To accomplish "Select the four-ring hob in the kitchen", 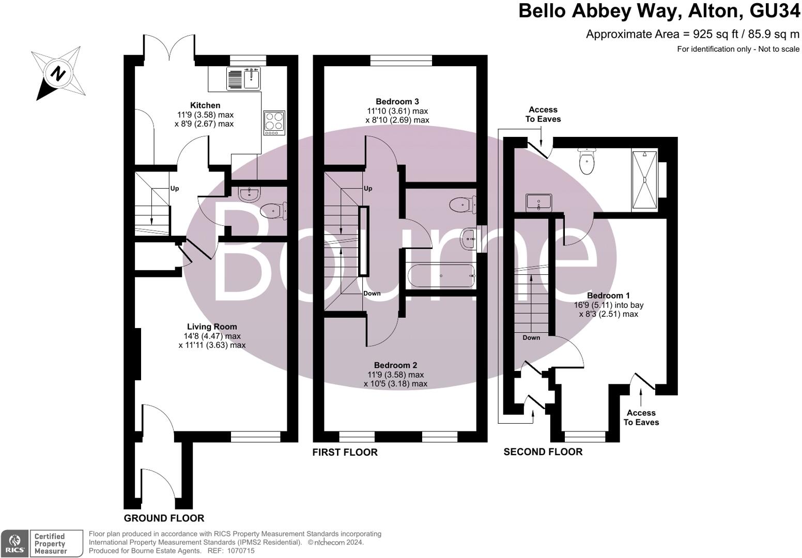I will pyautogui.click(x=274, y=122).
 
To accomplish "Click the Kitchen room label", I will pyautogui.click(x=205, y=105).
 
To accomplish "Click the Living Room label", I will pyautogui.click(x=212, y=327).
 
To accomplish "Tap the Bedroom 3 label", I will pyautogui.click(x=397, y=102).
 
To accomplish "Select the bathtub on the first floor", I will pyautogui.click(x=441, y=276).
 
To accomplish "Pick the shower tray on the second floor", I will pyautogui.click(x=644, y=179).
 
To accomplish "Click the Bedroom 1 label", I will pyautogui.click(x=608, y=296).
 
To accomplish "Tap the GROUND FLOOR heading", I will pyautogui.click(x=164, y=518).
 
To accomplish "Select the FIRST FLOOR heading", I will pyautogui.click(x=345, y=453).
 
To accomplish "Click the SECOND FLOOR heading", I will pyautogui.click(x=543, y=452).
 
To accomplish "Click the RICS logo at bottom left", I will pyautogui.click(x=14, y=544).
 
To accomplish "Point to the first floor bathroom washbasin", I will pyautogui.click(x=469, y=239).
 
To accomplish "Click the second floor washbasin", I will pyautogui.click(x=538, y=203).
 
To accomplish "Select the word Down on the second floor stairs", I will pyautogui.click(x=531, y=337).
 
